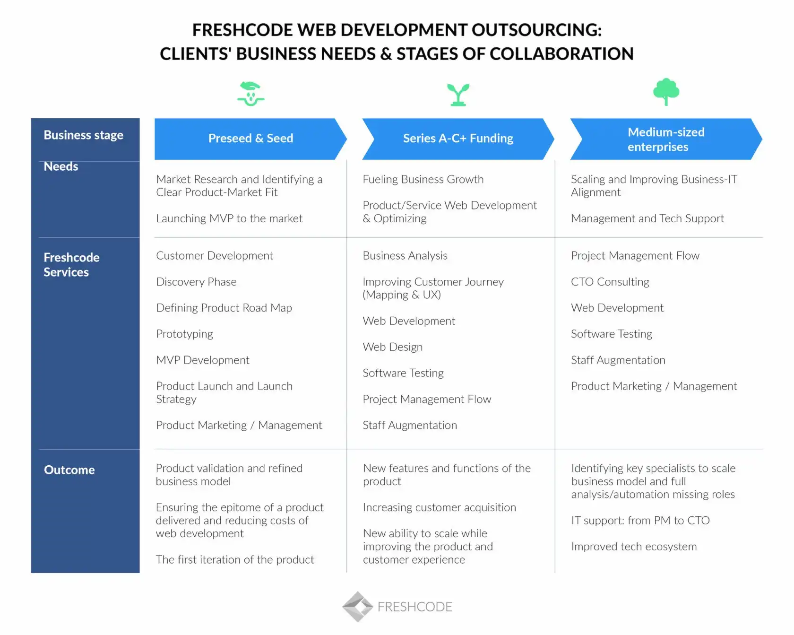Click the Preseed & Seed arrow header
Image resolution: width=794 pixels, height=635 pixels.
(x=250, y=139)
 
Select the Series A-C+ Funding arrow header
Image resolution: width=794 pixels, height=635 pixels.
(x=457, y=139)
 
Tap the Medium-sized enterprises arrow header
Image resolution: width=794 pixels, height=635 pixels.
(x=665, y=139)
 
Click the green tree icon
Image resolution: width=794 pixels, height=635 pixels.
(x=666, y=92)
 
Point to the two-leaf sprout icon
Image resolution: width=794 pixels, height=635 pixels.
(x=458, y=95)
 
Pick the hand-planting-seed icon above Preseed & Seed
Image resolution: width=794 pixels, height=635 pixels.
(x=250, y=94)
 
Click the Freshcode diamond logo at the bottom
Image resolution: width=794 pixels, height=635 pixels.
(x=358, y=606)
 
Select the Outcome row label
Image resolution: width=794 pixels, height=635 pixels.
(x=69, y=470)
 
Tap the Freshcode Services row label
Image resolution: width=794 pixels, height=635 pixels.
(x=71, y=265)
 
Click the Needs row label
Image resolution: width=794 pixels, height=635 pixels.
(x=61, y=166)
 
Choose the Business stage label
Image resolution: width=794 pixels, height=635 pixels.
(x=83, y=135)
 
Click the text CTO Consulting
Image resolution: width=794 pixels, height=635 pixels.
(x=610, y=282)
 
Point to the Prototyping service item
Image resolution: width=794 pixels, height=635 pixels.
(x=184, y=334)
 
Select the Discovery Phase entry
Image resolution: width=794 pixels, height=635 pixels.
(x=196, y=282)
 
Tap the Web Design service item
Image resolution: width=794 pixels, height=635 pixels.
(x=392, y=347)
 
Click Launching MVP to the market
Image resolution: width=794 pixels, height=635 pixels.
(x=229, y=218)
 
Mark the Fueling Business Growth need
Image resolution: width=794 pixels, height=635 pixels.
(x=423, y=179)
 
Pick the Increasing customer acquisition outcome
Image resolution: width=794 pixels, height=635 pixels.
(x=439, y=507)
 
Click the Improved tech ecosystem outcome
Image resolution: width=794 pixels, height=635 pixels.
(x=634, y=547)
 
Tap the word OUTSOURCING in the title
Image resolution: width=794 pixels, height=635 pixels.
(x=536, y=30)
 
